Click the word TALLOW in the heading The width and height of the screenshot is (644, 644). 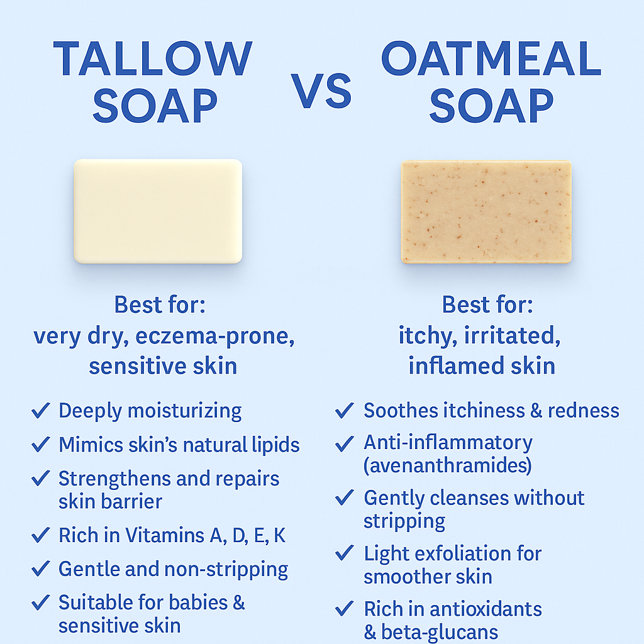(x=153, y=60)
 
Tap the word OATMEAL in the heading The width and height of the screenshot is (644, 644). (x=491, y=60)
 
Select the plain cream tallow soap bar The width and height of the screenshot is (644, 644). (x=158, y=211)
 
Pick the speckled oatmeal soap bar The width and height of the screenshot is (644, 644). (x=486, y=211)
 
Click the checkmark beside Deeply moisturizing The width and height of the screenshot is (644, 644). (x=40, y=411)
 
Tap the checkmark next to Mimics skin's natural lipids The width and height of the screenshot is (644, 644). (x=40, y=445)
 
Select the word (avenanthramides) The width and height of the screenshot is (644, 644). (x=448, y=465)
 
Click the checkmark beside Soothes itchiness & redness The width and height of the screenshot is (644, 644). (x=344, y=411)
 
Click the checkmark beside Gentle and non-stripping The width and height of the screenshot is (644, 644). (x=40, y=570)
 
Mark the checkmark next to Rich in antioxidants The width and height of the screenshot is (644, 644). (x=344, y=609)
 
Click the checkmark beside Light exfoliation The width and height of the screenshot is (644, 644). (x=344, y=553)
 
